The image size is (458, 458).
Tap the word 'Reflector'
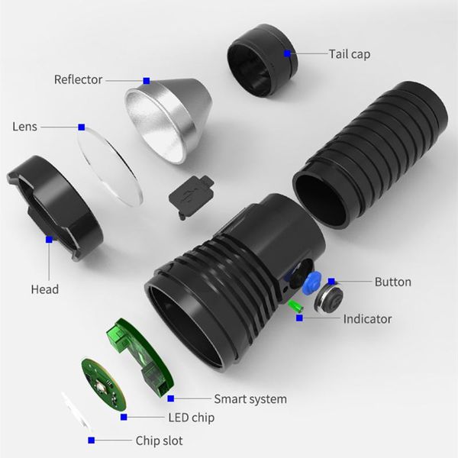point(78,79)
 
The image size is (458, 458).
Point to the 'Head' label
point(44,289)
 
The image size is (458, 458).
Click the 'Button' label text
point(392,282)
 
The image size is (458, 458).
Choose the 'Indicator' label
point(367,318)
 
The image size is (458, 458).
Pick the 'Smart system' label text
point(250,398)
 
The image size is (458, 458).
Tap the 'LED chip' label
point(191,418)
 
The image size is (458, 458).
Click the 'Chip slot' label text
point(159,440)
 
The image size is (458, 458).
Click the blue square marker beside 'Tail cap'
point(287,53)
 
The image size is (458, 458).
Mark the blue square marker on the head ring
point(49,239)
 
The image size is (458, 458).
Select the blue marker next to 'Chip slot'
point(92,440)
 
